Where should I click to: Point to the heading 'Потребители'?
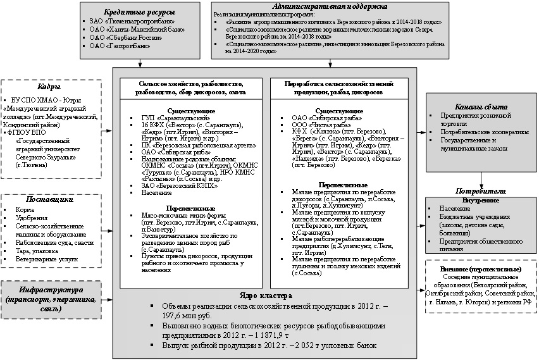(481, 190)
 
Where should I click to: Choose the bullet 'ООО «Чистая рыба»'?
(323, 125)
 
